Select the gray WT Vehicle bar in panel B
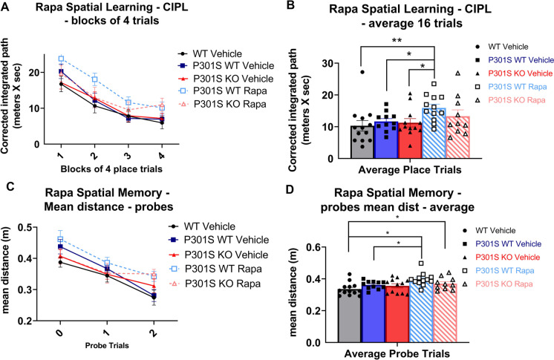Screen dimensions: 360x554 point(362,142)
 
